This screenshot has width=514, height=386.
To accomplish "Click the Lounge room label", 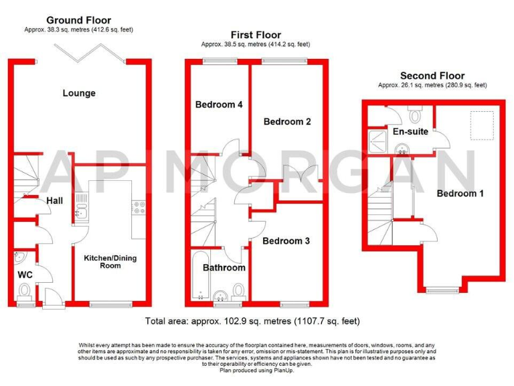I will [79, 93].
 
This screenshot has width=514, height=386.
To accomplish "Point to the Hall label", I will [54, 200].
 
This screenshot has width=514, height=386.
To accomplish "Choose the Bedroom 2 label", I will [287, 121].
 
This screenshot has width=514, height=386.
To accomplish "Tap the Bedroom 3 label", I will [286, 241].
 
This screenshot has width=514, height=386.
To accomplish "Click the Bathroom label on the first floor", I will [224, 268].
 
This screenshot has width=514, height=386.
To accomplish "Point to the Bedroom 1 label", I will [460, 194].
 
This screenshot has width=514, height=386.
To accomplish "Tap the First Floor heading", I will [256, 35].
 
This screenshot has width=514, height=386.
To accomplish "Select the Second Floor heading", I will [432, 76].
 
